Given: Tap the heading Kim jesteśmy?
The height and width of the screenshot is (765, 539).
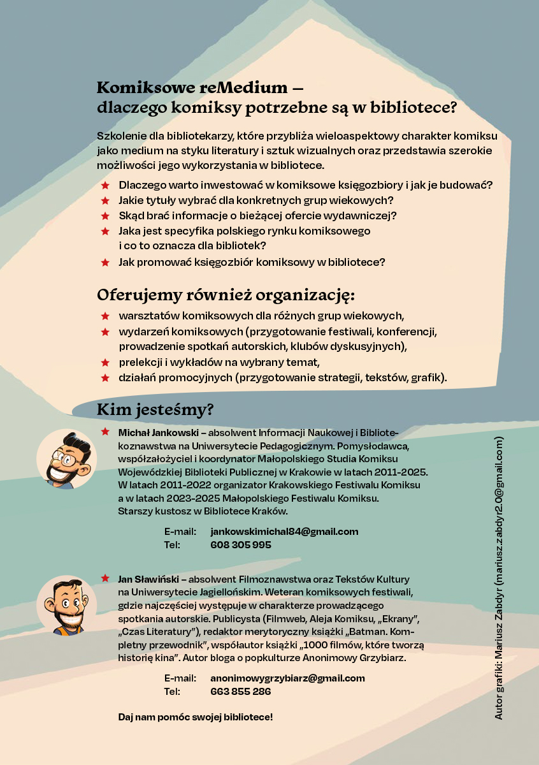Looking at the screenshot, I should pos(155,409).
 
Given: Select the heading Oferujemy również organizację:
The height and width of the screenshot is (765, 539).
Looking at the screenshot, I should pos(226,295).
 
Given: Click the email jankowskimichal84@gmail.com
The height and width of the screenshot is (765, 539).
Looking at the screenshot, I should pos(284,532).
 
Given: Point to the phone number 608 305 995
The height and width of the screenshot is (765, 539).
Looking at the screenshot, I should pos(241,545).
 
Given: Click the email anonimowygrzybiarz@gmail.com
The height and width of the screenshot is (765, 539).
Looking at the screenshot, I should pos(287,678).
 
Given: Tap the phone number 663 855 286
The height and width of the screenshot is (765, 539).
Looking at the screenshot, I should pos(241,692).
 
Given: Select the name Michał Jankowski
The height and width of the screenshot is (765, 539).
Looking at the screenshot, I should pos(159,433).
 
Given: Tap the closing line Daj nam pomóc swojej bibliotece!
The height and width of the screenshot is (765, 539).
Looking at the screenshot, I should pos(196,717).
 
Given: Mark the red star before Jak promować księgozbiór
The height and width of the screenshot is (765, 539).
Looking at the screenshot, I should pos(105,262).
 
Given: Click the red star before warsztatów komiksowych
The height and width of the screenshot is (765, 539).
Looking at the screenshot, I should pos(105,316).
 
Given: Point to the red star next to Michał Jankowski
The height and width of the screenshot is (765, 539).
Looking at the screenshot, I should pos(105,432).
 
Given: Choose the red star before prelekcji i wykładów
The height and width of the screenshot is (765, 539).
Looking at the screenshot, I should pos(105,363).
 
